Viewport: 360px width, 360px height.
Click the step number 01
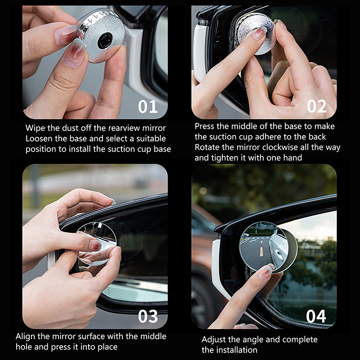click(148, 107)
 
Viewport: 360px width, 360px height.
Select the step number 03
click(148, 316)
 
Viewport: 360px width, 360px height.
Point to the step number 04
click(316, 316)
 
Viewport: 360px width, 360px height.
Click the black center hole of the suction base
click(105, 41)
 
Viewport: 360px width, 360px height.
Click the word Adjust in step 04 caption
click(212, 340)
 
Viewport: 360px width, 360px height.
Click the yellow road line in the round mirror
click(261, 252)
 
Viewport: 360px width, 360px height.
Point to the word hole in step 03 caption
click(24, 346)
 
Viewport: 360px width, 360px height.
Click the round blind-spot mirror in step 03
click(97, 243)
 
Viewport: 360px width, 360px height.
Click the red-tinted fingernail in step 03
click(95, 245)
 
